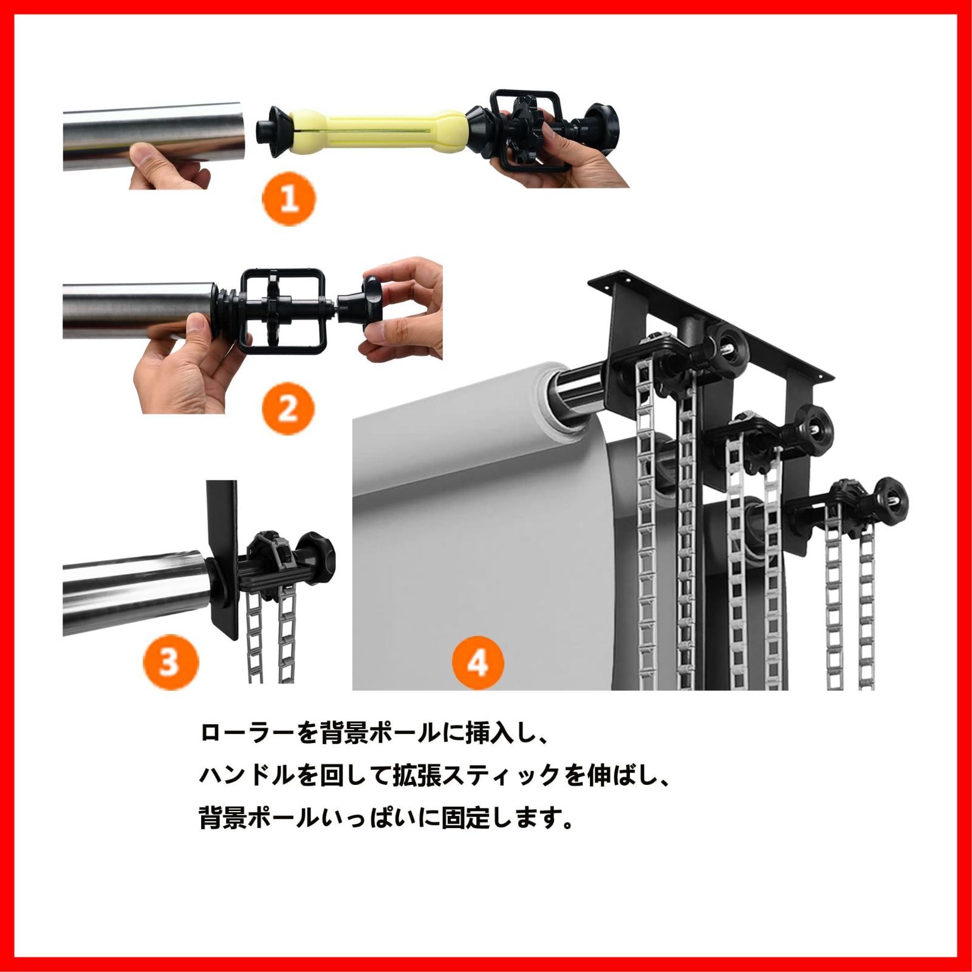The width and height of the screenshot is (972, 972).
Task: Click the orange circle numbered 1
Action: click(289, 198)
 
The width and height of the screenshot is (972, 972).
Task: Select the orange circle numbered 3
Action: click(171, 661)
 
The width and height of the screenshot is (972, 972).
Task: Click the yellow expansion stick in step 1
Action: click(377, 132)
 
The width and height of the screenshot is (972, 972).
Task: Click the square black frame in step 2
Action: click(285, 311)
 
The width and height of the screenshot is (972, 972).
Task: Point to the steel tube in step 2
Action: click(140, 310)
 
